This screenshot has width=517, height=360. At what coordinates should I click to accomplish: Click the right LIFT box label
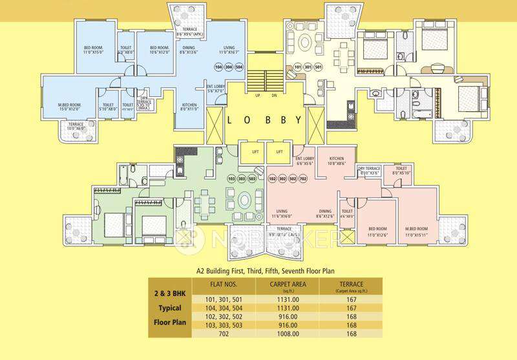point(279,152)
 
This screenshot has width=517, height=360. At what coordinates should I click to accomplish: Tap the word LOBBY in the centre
point(264,120)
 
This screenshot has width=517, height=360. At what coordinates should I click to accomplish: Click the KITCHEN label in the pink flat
point(336,158)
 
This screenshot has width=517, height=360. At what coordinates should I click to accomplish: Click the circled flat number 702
point(311,178)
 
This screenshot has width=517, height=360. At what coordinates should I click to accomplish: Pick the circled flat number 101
point(298,67)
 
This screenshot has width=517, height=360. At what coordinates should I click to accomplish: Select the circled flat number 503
point(253,178)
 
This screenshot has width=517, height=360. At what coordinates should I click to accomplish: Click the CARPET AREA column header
point(284,284)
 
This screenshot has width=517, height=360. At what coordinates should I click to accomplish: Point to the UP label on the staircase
point(257,95)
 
